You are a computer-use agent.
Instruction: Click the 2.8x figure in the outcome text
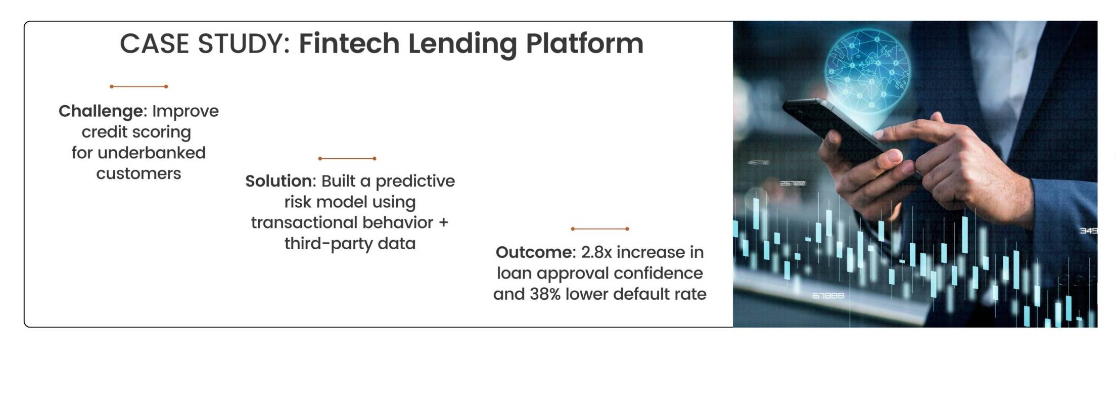point(596,252)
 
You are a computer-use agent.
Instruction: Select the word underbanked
point(152,153)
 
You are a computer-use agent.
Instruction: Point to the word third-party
point(329,244)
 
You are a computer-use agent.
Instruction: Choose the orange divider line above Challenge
point(138,86)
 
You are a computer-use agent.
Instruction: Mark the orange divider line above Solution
point(347,158)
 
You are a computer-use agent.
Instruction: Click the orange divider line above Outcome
point(600,229)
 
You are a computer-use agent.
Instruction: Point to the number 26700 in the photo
point(792,183)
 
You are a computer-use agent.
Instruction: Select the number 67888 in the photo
point(828,295)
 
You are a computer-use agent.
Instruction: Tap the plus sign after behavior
point(443,223)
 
